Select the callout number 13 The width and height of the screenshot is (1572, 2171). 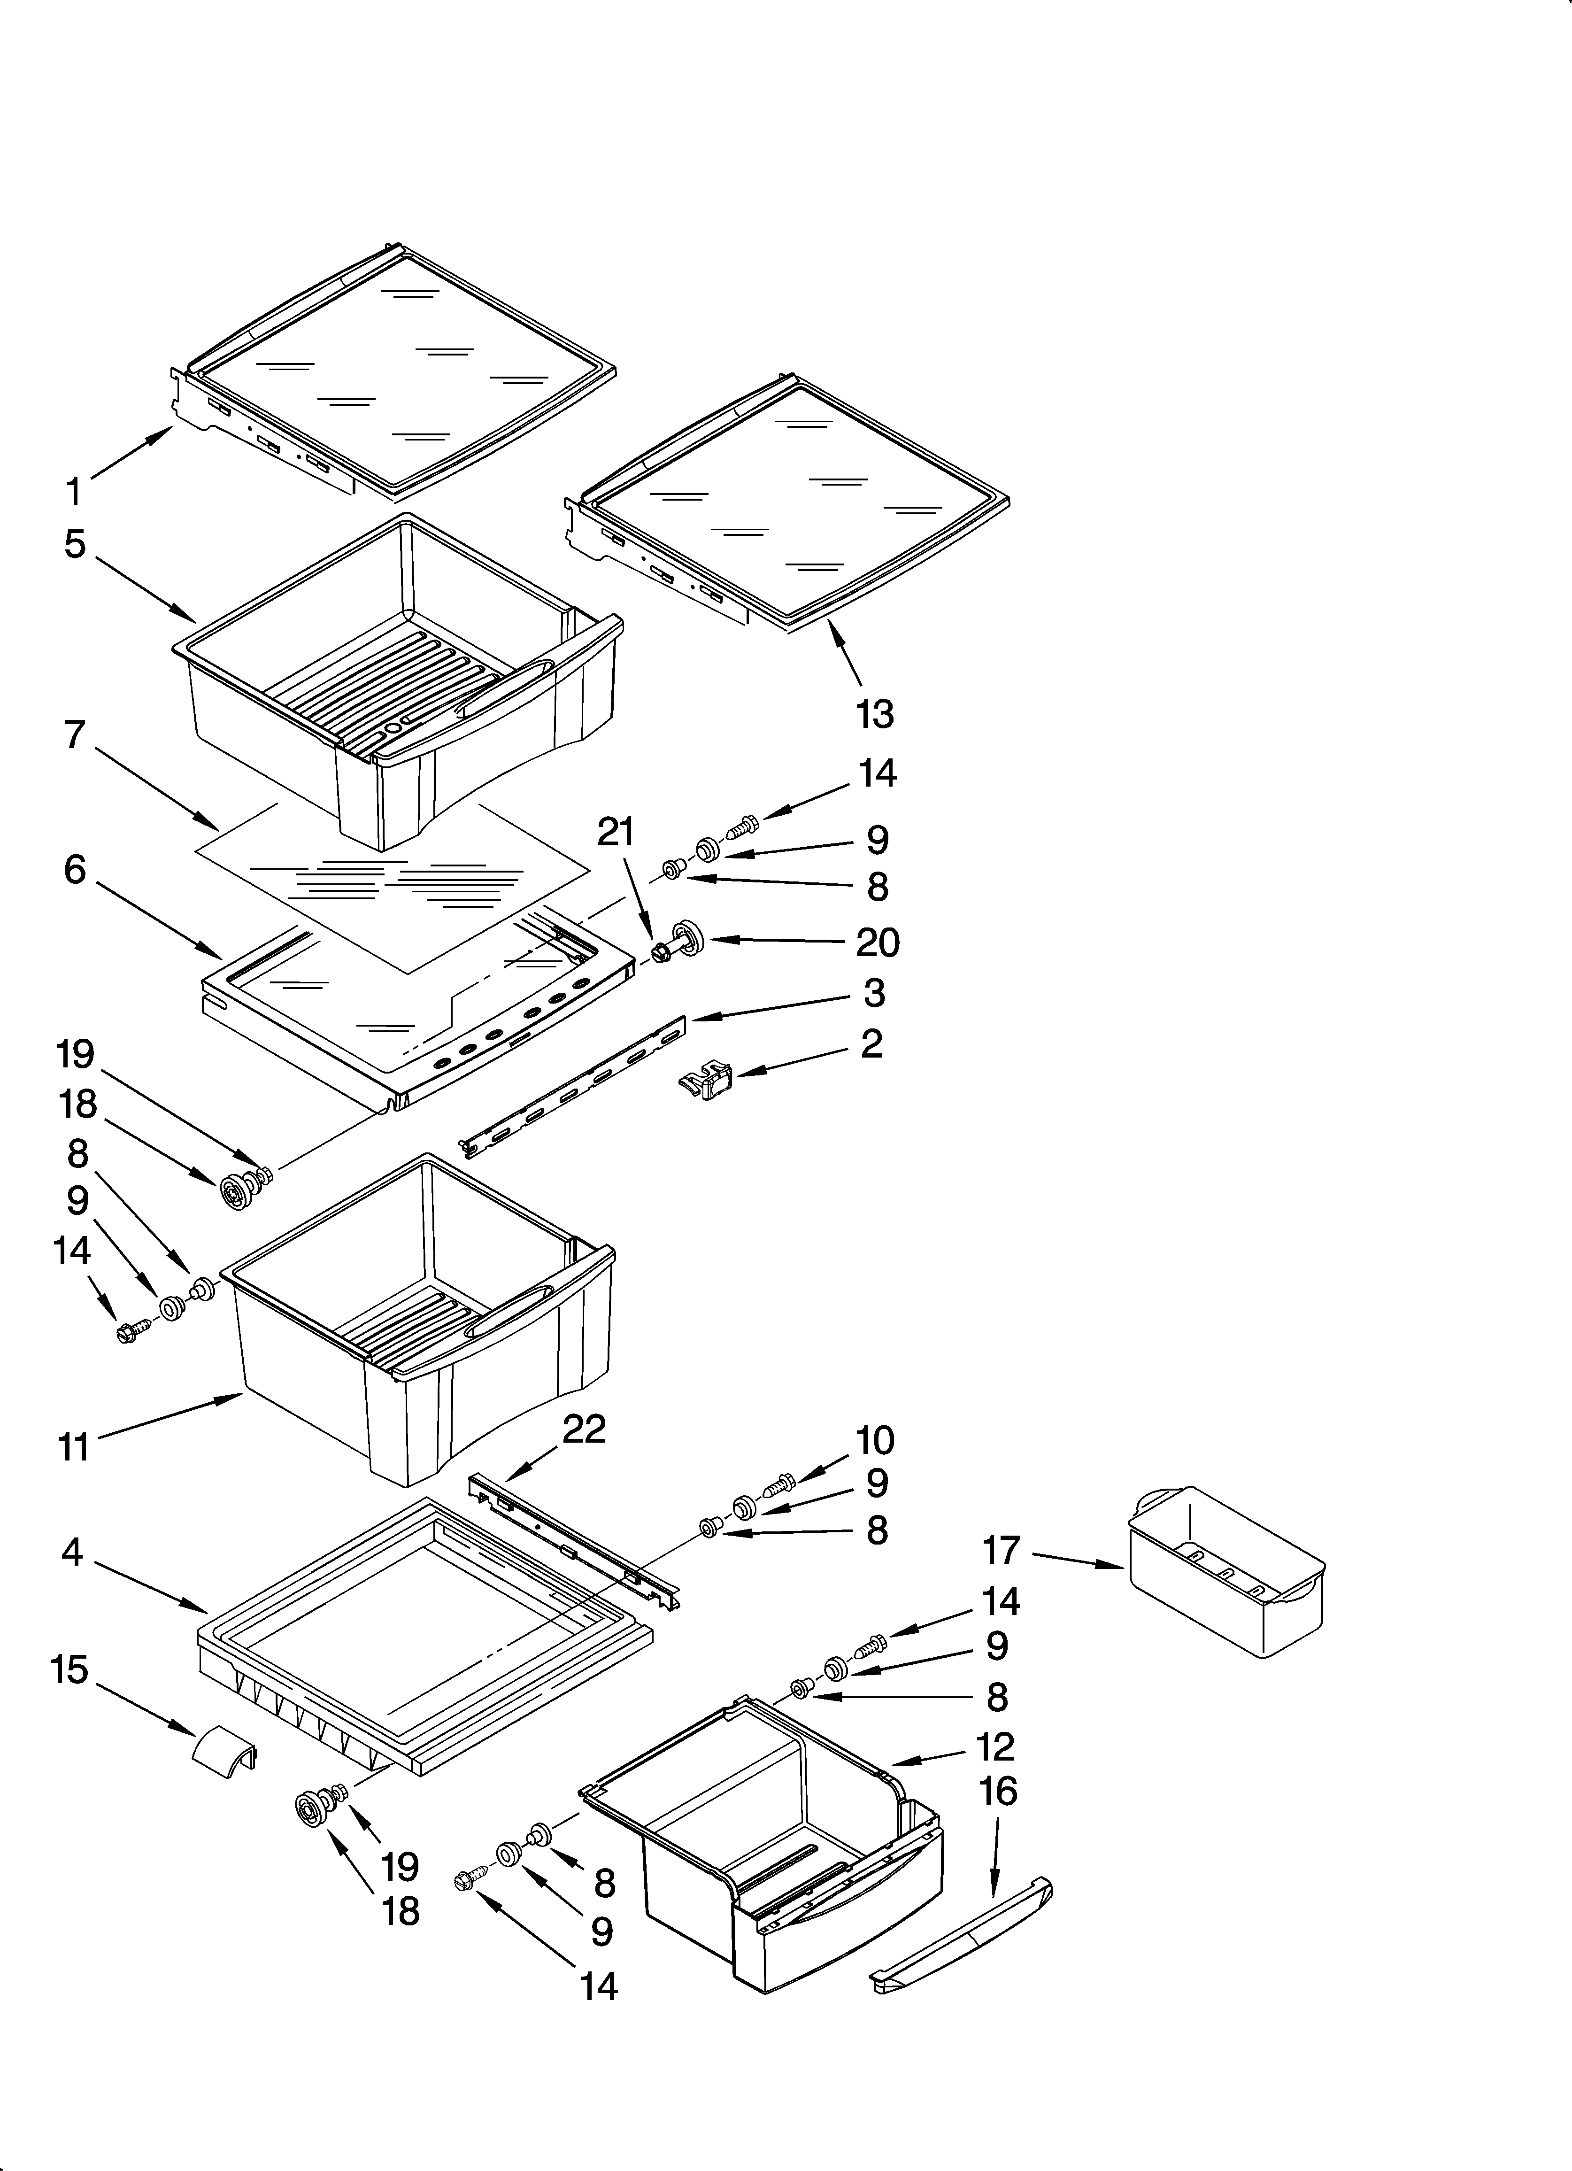click(874, 714)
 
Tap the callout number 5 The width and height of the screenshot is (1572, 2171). click(75, 544)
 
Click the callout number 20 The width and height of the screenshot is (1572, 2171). click(877, 943)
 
